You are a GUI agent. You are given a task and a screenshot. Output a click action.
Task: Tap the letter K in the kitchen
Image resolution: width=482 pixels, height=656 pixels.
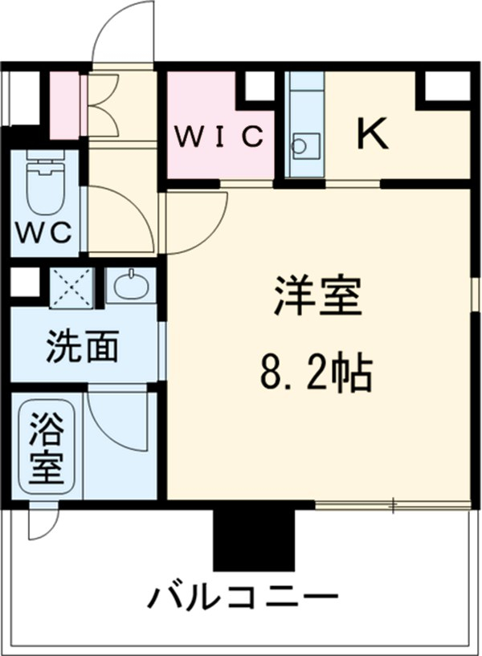[x=372, y=134]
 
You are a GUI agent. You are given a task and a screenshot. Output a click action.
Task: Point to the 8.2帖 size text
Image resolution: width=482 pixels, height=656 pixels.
[x=315, y=370]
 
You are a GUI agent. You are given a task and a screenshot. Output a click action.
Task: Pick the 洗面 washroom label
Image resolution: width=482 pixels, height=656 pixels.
[x=83, y=346]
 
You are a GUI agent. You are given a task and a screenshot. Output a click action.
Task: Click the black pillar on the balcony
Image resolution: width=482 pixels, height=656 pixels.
[x=254, y=540]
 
